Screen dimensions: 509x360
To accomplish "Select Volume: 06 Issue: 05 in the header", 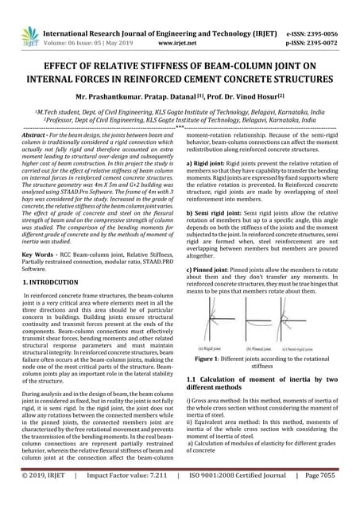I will point(85,46).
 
